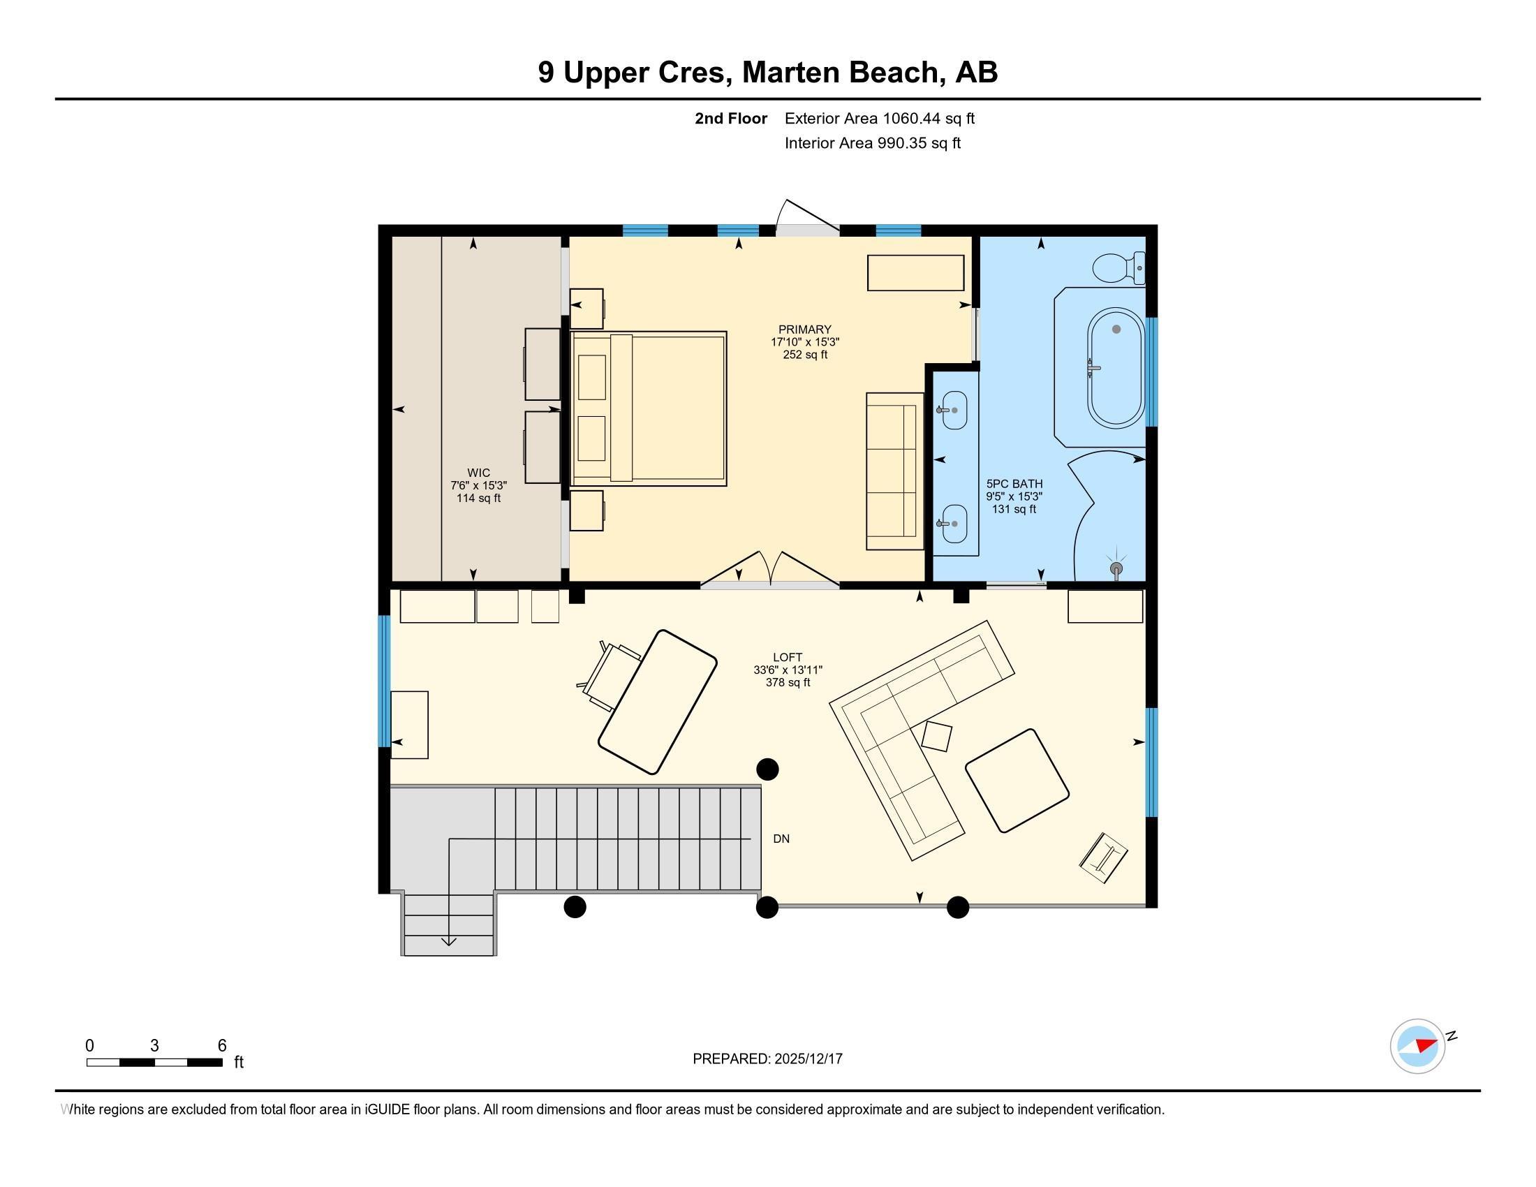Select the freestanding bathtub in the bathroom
(1116, 368)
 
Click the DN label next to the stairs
(781, 839)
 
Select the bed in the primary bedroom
(649, 408)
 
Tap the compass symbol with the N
(1418, 1046)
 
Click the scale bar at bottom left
(155, 1062)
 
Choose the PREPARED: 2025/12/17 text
(767, 1059)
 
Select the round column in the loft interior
(767, 769)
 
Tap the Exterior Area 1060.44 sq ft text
(879, 118)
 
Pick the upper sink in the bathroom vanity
(954, 410)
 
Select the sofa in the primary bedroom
(894, 471)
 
